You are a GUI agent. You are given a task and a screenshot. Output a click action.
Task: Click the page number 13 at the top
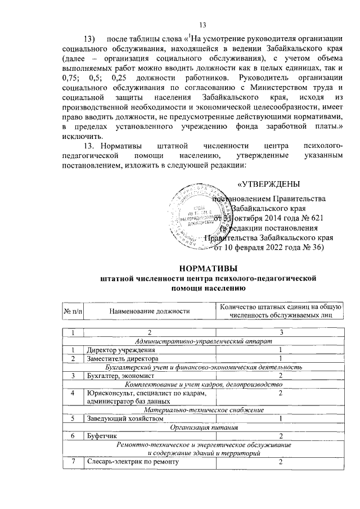(202, 24)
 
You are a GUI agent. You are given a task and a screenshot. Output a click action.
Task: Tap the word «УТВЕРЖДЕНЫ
(268, 184)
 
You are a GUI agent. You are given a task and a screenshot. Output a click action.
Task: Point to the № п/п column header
(73, 310)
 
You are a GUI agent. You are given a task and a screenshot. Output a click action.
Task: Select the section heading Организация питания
(209, 427)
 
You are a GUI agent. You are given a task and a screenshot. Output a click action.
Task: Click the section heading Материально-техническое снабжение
(208, 410)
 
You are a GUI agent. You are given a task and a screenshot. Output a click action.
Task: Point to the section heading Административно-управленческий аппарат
(208, 341)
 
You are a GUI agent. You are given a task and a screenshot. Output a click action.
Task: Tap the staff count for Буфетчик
(280, 436)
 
